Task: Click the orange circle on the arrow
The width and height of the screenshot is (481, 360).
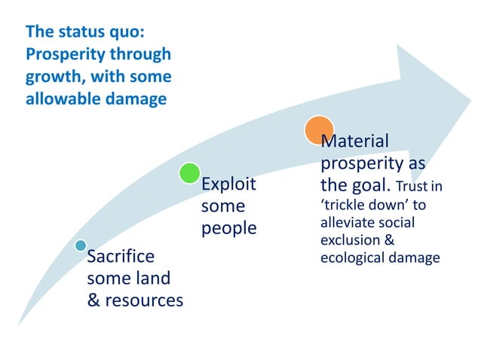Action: pyautogui.click(x=319, y=130)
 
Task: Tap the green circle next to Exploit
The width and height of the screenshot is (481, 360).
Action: pyautogui.click(x=189, y=173)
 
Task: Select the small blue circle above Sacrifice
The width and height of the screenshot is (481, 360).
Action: pyautogui.click(x=81, y=246)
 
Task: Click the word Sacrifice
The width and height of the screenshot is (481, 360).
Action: pyautogui.click(x=121, y=257)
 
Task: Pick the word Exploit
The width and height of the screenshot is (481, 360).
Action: pyautogui.click(x=228, y=185)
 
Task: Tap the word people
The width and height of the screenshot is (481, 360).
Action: pyautogui.click(x=228, y=228)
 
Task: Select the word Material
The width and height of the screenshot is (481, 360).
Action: pyautogui.click(x=355, y=142)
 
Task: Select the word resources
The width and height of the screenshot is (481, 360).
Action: pyautogui.click(x=143, y=301)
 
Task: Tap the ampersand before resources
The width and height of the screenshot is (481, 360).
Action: pyautogui.click(x=94, y=301)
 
